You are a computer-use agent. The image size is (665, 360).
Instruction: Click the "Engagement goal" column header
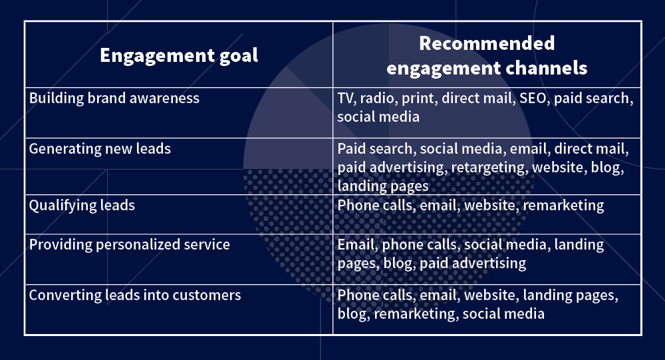pyautogui.click(x=179, y=55)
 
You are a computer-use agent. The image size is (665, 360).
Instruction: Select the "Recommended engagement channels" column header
pyautogui.click(x=487, y=55)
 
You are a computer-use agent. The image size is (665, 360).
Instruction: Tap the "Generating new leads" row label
pyautogui.click(x=100, y=149)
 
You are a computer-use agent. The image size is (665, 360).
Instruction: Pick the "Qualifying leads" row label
pyautogui.click(x=82, y=205)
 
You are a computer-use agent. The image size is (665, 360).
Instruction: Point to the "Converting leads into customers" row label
pyautogui.click(x=135, y=295)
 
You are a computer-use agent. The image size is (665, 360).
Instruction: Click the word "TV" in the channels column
pyautogui.click(x=345, y=98)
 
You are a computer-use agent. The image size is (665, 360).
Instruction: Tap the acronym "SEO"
pyautogui.click(x=533, y=98)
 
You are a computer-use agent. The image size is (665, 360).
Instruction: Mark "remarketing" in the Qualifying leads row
pyautogui.click(x=563, y=206)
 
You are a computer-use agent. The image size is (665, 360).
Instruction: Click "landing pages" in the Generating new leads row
pyautogui.click(x=383, y=186)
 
